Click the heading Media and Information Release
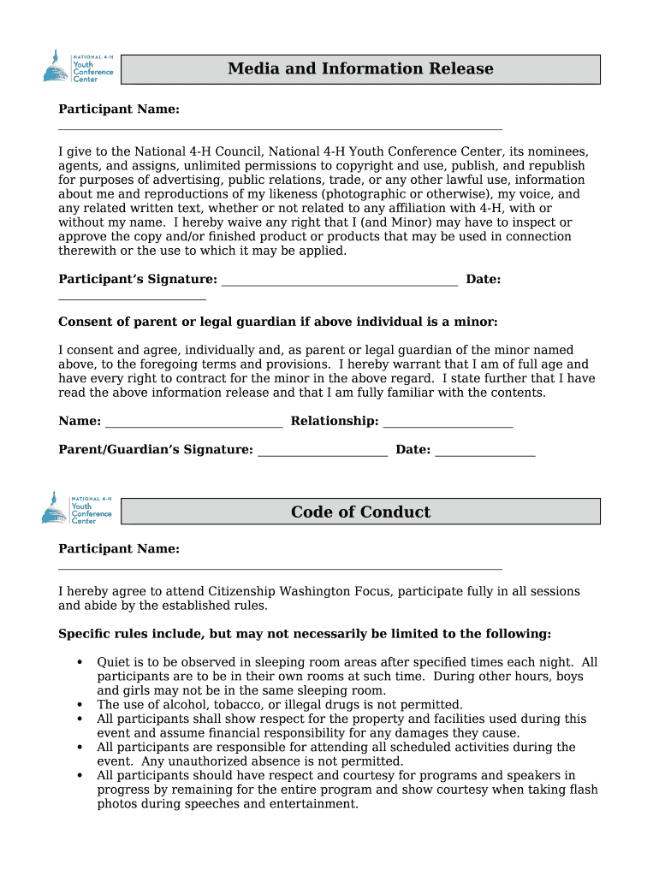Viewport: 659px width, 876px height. pos(360,69)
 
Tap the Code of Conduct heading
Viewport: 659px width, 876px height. pos(360,512)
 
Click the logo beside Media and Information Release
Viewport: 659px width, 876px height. pos(78,66)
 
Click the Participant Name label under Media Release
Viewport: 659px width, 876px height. pos(118,109)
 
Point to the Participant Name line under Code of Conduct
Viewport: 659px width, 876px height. pos(280,568)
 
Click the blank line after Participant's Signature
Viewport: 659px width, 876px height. pos(340,285)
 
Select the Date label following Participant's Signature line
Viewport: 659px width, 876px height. pos(483,280)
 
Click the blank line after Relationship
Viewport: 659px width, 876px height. pos(448,426)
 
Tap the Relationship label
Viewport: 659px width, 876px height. pos(335,421)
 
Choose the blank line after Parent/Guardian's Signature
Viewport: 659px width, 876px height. pos(323,455)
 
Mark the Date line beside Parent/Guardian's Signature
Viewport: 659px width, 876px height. pos(485,455)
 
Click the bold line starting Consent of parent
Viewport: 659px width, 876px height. pos(277,322)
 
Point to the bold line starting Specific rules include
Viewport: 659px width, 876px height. pos(305,634)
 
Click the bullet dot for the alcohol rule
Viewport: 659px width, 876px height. pos(80,705)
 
